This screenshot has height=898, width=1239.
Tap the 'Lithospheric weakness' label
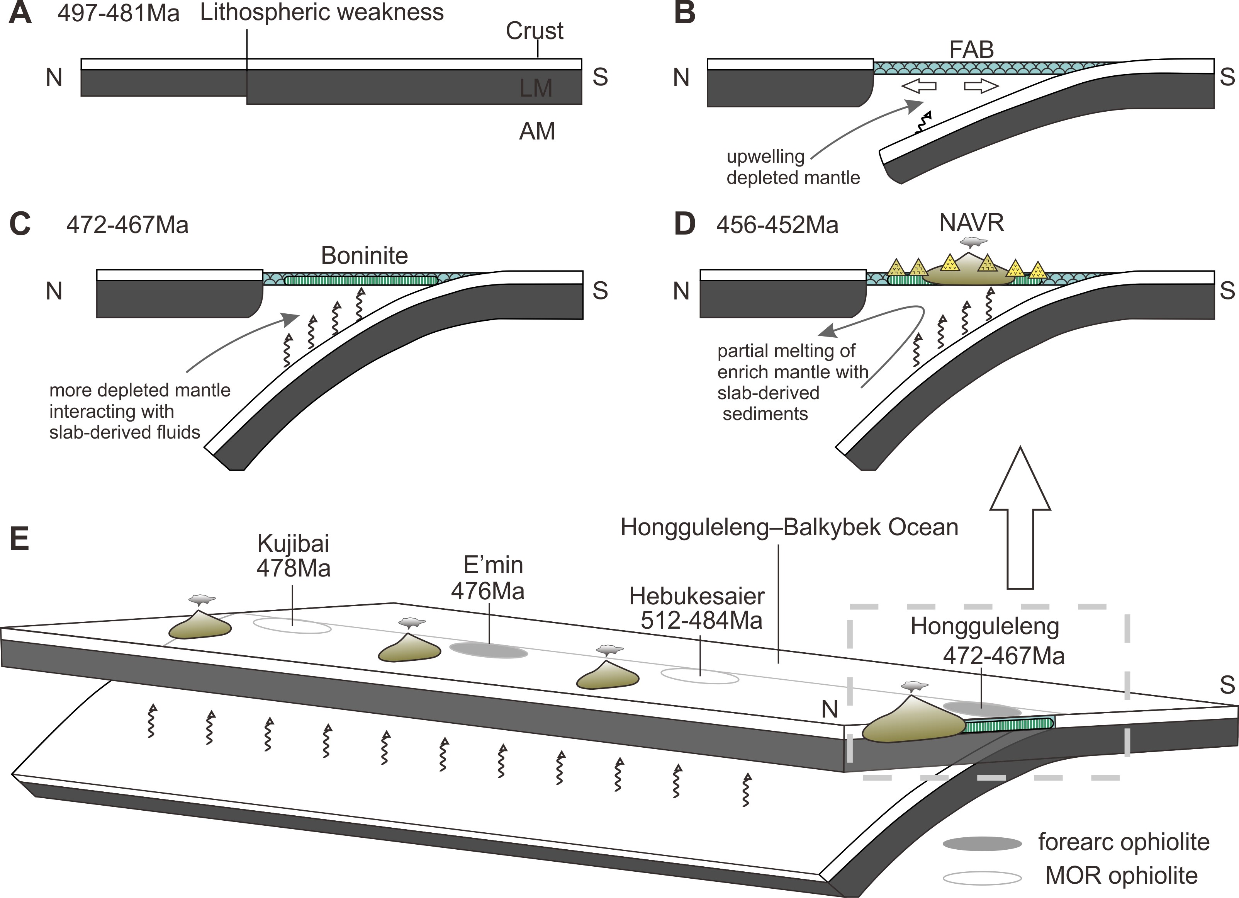(322, 12)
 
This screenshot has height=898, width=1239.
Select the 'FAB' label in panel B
(971, 50)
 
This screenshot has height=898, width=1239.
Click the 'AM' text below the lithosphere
(537, 131)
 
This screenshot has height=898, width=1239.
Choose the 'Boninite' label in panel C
(364, 255)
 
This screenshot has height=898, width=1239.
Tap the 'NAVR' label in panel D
(971, 223)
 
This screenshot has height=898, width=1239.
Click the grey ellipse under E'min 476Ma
(489, 650)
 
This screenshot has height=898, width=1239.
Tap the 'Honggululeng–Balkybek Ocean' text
(789, 527)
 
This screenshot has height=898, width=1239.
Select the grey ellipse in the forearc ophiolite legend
(982, 844)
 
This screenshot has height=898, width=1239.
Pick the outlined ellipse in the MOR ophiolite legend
(982, 878)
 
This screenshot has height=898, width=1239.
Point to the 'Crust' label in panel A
(534, 31)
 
